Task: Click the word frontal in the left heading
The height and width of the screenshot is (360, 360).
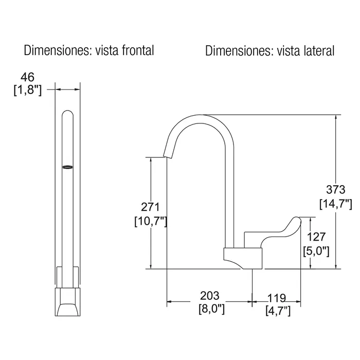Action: coord(138,50)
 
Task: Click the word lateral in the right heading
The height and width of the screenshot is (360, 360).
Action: coord(319,51)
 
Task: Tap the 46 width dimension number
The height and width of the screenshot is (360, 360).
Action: coord(28,77)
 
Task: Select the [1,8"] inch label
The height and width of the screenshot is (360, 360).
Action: coord(28,90)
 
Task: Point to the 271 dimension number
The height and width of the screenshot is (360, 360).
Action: coord(150,207)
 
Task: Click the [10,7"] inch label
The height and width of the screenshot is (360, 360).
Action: coord(151,221)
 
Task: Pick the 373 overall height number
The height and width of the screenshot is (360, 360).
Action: coord(336,190)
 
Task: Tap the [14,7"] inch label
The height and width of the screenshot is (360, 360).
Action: coord(336,204)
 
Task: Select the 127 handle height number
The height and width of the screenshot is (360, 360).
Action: coord(316,237)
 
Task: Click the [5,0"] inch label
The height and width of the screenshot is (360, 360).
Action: coord(316,251)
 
